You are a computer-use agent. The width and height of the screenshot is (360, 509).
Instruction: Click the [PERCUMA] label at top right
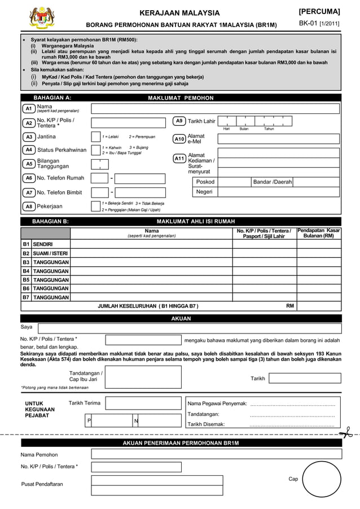[x=319, y=11]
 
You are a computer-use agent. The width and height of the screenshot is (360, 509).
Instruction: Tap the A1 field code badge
[x=28, y=108]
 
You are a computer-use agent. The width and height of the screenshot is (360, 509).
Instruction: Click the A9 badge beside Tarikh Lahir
[x=179, y=121]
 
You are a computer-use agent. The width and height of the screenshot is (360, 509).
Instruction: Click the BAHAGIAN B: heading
[x=51, y=221]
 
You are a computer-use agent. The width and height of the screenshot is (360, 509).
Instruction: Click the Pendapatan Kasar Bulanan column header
[x=319, y=233]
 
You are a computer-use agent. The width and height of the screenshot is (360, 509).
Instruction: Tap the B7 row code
[x=25, y=297]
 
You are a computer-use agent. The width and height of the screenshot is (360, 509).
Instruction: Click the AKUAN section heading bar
[x=181, y=319]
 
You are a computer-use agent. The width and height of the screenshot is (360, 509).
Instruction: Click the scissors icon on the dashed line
[x=345, y=433]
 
